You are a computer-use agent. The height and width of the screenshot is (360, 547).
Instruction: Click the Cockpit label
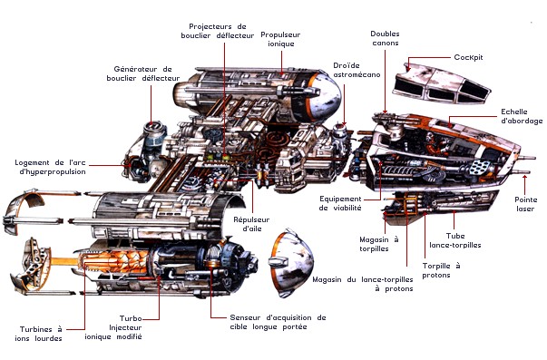pos(468,57)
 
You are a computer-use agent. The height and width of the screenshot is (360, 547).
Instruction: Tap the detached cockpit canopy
pos(441,83)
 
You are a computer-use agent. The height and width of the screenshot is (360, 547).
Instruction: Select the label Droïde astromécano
pos(357,70)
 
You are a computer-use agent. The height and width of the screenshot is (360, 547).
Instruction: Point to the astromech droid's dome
pos(340,129)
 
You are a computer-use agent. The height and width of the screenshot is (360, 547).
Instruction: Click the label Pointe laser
pos(526,204)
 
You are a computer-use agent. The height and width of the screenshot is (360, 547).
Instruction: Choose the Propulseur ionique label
pos(280,39)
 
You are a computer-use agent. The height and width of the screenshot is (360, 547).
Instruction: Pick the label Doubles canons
pos(386,38)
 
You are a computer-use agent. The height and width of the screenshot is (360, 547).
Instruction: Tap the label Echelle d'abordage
pos(522,116)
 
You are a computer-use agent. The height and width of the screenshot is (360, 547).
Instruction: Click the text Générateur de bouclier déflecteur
pos(143,73)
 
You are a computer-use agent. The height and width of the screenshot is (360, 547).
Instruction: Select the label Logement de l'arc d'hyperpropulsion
pos(50,167)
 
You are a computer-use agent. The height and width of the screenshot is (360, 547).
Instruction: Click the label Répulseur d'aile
pos(251,224)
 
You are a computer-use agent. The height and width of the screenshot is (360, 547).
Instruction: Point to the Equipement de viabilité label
pos(340,203)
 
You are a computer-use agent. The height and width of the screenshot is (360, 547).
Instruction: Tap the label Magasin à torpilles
pos(379,244)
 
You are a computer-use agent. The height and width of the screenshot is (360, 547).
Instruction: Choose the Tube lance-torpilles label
pos(455,240)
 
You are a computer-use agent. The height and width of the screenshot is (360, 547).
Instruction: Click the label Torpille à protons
pos(441,270)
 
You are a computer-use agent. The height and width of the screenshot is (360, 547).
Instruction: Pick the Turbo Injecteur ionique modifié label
pos(113,327)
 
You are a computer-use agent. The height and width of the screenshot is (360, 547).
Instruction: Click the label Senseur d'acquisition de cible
pos(278,322)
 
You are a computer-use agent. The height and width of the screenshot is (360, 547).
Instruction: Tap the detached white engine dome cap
pos(290,263)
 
